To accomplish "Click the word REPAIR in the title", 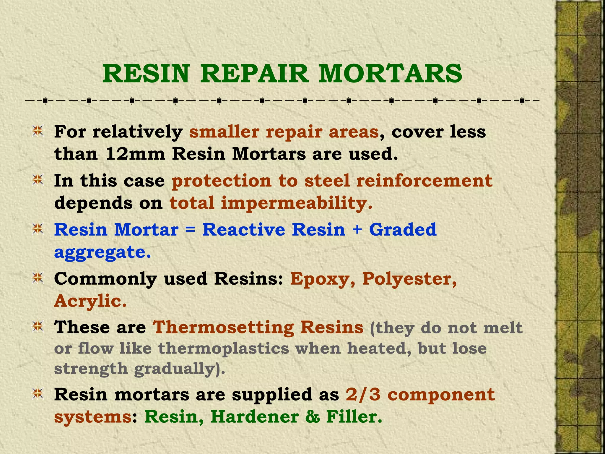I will click(x=254, y=74).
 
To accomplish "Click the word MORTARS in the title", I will click(x=390, y=74).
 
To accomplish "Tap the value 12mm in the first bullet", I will click(x=135, y=154).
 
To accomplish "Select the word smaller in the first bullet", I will click(x=224, y=132).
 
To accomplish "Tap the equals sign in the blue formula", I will click(x=191, y=230).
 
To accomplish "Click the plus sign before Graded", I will click(x=357, y=230).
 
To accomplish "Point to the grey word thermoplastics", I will click(x=223, y=349).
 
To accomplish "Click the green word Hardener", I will click(x=254, y=417).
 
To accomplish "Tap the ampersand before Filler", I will click(x=313, y=417).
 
